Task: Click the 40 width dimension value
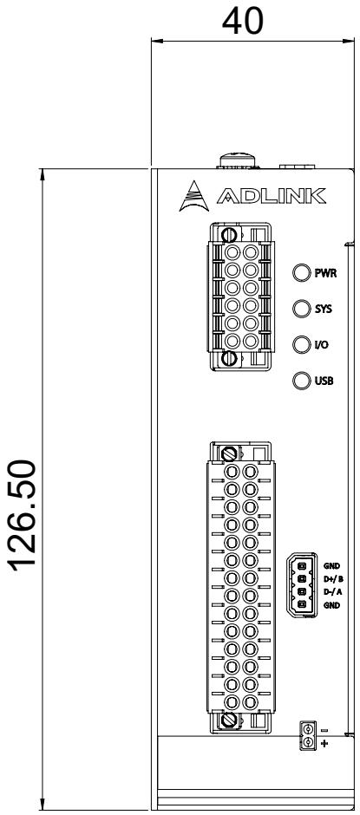pos(242,22)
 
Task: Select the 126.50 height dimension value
pos(23,514)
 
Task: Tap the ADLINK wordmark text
pos(271,196)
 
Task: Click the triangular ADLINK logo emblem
pos(193,196)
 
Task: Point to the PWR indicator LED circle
pos(302,273)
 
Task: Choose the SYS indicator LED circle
pos(302,309)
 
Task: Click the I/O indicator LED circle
pos(302,344)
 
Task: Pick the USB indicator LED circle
pos(302,381)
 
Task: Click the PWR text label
pos(325,273)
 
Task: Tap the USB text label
pos(324,381)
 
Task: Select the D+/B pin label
pos(333,578)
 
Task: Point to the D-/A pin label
pos(333,592)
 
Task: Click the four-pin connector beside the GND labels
pos(302,585)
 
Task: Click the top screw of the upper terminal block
pos(228,235)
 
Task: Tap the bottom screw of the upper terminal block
pos(228,358)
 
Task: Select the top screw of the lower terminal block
pos(228,453)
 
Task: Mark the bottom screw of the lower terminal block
pos(228,720)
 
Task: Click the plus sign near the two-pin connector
pos(324,744)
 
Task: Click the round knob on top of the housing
pos(239,160)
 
